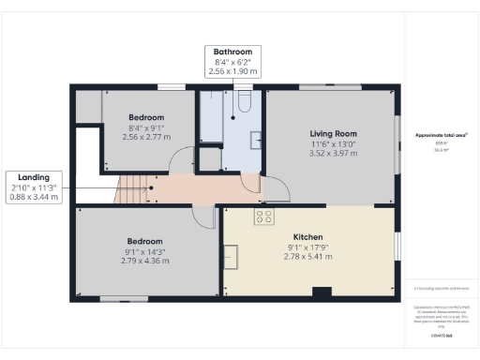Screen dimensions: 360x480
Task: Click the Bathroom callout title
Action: (x=232, y=51)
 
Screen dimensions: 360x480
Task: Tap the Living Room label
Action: (x=333, y=133)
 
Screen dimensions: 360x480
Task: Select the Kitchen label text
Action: (x=308, y=237)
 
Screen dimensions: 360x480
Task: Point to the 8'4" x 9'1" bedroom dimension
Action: (x=145, y=127)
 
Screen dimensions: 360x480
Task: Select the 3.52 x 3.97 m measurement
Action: (x=333, y=154)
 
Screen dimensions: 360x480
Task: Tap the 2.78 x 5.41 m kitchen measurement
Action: (x=308, y=257)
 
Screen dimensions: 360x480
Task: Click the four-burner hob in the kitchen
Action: (x=264, y=217)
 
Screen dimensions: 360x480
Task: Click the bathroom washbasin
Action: (x=256, y=141)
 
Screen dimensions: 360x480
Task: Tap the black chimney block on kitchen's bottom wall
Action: (x=321, y=291)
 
